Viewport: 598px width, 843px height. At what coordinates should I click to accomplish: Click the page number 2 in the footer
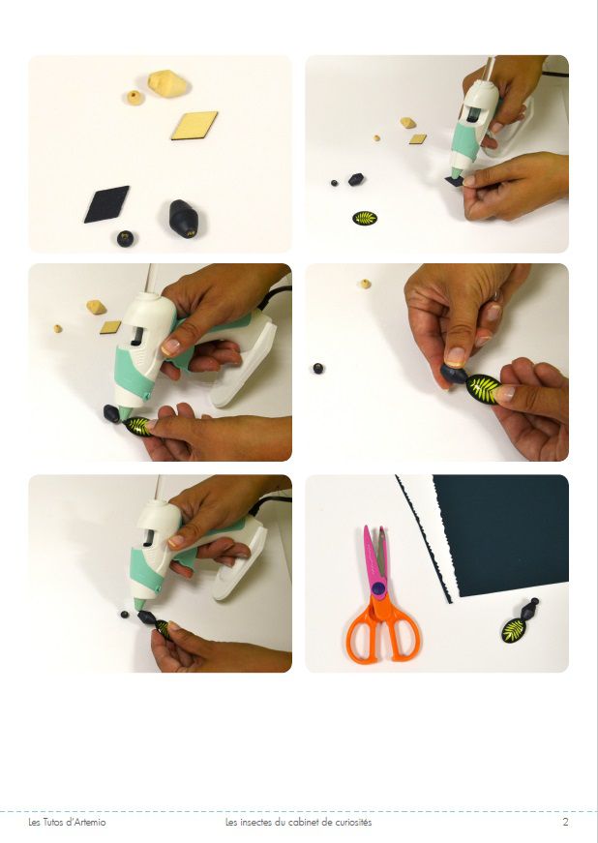[x=565, y=822]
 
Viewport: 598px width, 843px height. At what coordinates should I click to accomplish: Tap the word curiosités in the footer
[x=353, y=822]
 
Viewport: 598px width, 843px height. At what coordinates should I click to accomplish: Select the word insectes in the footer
[x=254, y=822]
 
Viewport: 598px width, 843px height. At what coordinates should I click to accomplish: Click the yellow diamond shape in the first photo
[x=194, y=125]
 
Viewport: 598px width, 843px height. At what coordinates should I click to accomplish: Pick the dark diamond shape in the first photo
[x=106, y=204]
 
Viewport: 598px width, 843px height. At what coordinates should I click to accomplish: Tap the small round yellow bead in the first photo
[x=135, y=98]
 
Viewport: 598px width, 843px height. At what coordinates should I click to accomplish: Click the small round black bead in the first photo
[x=125, y=238]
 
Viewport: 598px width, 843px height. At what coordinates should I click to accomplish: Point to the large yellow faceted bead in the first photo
[x=168, y=83]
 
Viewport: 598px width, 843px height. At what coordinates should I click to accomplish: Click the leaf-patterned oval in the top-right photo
[x=365, y=219]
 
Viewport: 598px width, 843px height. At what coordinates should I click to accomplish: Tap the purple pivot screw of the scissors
[x=378, y=588]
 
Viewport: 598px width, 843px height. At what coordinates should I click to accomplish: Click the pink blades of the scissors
[x=374, y=554]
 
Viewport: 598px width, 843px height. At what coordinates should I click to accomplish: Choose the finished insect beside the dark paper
[x=519, y=621]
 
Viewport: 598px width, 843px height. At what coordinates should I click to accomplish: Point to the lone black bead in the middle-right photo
[x=318, y=369]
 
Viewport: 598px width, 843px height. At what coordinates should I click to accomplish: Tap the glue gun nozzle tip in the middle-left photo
[x=124, y=415]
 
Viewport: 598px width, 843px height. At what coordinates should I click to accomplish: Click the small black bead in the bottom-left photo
[x=125, y=614]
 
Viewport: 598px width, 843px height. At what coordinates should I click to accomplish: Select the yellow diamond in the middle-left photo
[x=110, y=327]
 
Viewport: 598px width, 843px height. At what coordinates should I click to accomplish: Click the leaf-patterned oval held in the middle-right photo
[x=483, y=389]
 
